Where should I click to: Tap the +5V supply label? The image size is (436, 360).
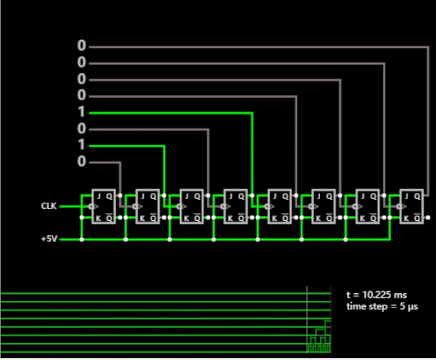tap(49, 239)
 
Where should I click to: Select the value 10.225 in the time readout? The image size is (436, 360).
tap(374, 295)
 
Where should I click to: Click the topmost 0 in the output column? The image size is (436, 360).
tap(82, 46)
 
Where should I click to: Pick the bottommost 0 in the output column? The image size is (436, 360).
tap(82, 162)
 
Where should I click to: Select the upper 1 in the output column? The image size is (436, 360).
tap(82, 112)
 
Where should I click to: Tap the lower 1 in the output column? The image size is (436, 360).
tap(82, 145)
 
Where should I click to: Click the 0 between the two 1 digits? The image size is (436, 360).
tap(82, 129)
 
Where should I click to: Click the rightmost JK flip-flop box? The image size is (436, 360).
tap(412, 206)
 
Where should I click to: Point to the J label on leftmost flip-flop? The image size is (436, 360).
tap(99, 196)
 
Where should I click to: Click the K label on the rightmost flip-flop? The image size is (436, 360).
tap(406, 217)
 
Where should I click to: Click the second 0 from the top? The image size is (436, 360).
tap(82, 63)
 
